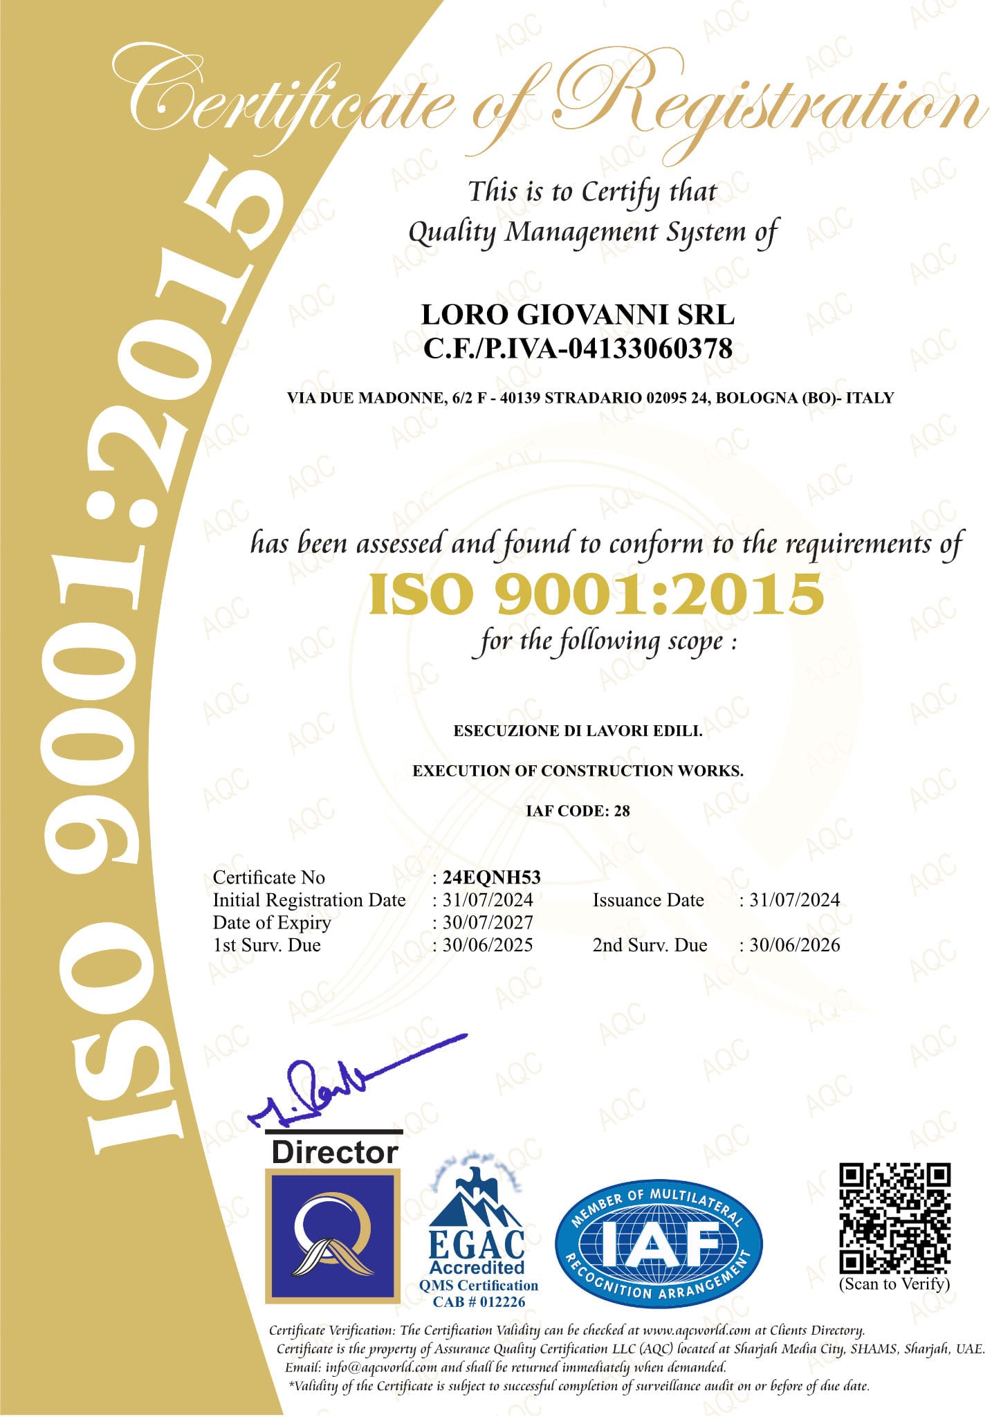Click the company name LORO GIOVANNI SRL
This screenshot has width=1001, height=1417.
578,315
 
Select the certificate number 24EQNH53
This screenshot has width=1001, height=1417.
491,877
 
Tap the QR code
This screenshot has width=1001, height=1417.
894,1218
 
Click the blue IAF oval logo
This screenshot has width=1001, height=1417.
658,1243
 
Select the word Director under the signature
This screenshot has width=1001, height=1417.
334,1152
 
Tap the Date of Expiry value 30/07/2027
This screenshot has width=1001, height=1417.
488,922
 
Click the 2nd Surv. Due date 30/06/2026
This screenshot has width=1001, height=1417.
794,945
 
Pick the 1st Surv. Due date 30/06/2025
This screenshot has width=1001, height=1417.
488,945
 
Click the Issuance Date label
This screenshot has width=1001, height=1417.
648,900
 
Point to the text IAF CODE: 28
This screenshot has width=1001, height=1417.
578,811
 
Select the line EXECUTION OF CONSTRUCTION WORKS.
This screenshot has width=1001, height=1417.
578,771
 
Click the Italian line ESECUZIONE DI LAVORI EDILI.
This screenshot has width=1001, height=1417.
578,731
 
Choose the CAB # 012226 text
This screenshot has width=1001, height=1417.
479,1301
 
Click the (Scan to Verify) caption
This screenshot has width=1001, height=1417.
894,1284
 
